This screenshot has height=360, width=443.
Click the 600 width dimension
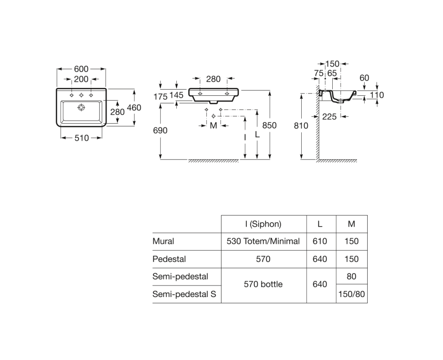(x=82, y=69)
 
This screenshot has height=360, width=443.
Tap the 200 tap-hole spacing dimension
(x=82, y=79)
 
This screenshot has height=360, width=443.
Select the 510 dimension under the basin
(x=82, y=138)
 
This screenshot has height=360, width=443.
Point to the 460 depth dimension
(x=134, y=107)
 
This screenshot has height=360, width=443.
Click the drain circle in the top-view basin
(x=81, y=107)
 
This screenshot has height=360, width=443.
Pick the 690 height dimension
(x=160, y=130)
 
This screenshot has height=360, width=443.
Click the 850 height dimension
(x=269, y=125)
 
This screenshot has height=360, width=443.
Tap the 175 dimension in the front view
(x=160, y=96)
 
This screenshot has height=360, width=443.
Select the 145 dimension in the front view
(x=176, y=95)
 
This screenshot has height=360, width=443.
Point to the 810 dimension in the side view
(x=301, y=125)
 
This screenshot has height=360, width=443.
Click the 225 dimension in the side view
(x=329, y=116)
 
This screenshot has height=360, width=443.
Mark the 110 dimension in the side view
(x=377, y=95)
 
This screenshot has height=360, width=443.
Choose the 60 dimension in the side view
(x=364, y=78)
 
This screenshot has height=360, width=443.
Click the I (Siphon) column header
(x=263, y=224)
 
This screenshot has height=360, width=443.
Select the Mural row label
(x=163, y=242)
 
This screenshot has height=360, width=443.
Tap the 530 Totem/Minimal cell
(x=263, y=242)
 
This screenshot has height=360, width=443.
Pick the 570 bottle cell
(x=263, y=284)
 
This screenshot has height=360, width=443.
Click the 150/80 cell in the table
(x=351, y=294)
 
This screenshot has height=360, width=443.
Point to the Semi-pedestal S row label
(x=184, y=294)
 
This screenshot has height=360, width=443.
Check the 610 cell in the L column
(x=320, y=242)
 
